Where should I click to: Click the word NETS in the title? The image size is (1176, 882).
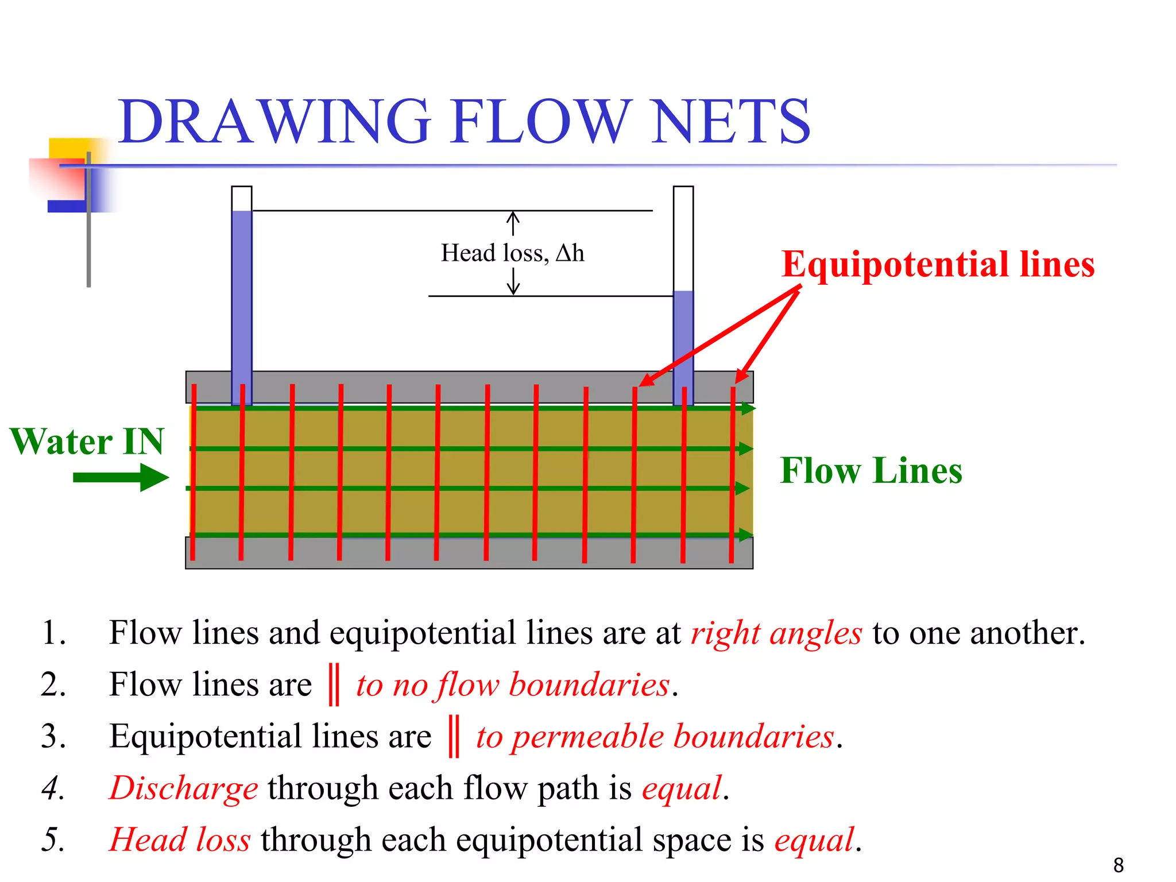coord(730,122)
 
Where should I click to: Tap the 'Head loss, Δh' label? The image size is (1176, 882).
coord(512,253)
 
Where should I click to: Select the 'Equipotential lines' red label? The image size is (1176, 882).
coord(938,265)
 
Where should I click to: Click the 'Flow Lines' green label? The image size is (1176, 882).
coord(871,471)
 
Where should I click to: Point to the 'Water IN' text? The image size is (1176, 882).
coord(87,442)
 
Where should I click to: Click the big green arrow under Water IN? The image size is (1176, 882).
coord(121,477)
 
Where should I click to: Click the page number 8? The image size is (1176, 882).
coord(1118,865)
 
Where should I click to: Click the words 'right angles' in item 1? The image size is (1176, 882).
coord(776,633)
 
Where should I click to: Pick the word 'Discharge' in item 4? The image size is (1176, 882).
coord(184,788)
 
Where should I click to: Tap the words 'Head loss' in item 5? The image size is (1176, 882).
coord(180,840)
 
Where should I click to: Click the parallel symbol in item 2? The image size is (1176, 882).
coord(334,684)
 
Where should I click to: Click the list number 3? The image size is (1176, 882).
coord(53,737)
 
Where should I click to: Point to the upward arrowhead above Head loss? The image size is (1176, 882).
coord(513,216)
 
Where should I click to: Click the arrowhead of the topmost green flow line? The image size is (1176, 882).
coord(748,408)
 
